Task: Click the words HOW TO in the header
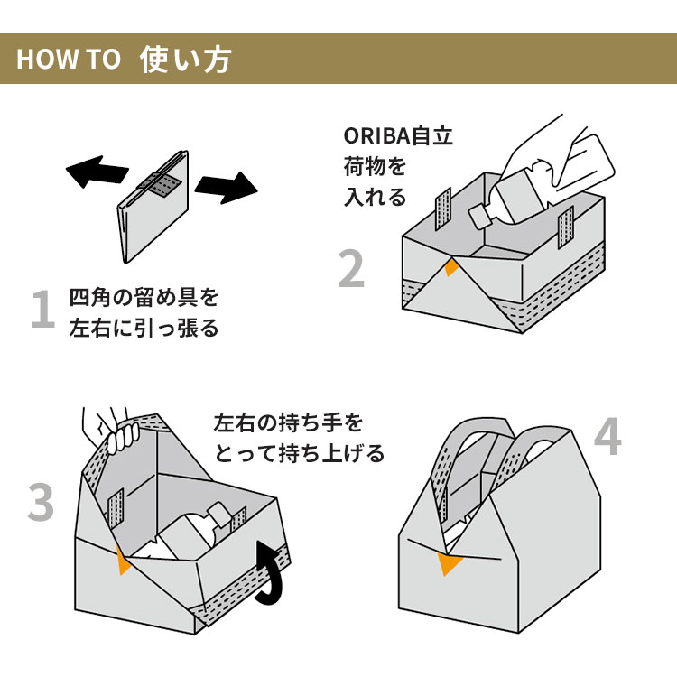pos(69,60)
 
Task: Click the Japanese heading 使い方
pos(185,60)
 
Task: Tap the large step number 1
pos(42,310)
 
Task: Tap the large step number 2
pos(352,268)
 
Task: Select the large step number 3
pos(42,503)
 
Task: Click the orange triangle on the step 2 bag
pos(451,268)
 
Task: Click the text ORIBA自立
pos(398,136)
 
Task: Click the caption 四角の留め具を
pos(144,297)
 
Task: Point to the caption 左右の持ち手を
pos(288,422)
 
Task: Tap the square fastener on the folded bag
pos(162,185)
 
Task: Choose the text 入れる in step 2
pos(375,198)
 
